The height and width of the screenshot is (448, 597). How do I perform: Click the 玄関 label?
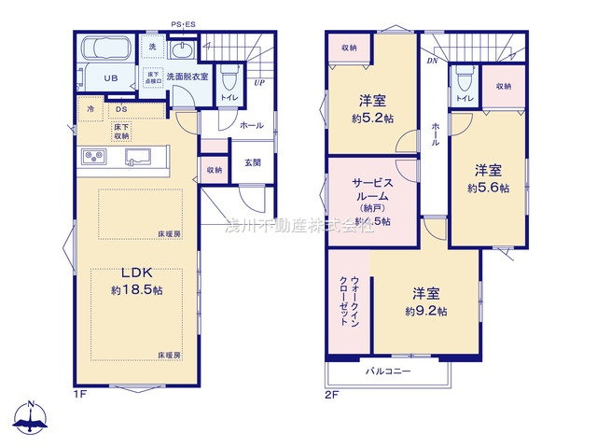(253, 162)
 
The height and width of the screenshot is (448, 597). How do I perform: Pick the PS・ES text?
(182, 25)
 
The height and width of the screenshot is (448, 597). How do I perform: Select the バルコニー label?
(388, 371)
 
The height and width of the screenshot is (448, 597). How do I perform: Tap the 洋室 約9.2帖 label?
(425, 301)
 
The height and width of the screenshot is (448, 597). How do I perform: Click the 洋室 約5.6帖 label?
(488, 178)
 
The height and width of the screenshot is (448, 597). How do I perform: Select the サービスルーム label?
(370, 197)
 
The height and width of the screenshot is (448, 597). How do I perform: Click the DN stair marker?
(430, 61)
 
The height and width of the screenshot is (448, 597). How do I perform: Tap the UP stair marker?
(258, 83)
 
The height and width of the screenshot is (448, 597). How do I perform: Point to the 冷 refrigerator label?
(90, 109)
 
